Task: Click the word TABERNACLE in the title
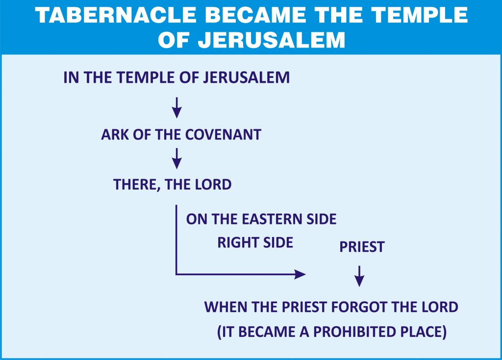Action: tap(116, 15)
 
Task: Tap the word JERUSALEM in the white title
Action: tap(272, 40)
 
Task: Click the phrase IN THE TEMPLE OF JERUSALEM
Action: tap(176, 77)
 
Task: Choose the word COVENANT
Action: tap(223, 134)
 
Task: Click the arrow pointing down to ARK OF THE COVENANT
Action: tap(176, 108)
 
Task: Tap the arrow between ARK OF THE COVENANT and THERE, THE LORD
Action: tap(176, 158)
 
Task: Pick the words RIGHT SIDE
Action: tap(255, 242)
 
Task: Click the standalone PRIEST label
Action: tap(362, 247)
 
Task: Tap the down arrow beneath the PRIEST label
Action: tap(359, 276)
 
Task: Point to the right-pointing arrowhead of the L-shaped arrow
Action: tap(300, 274)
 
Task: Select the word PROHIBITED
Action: tap(351, 332)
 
